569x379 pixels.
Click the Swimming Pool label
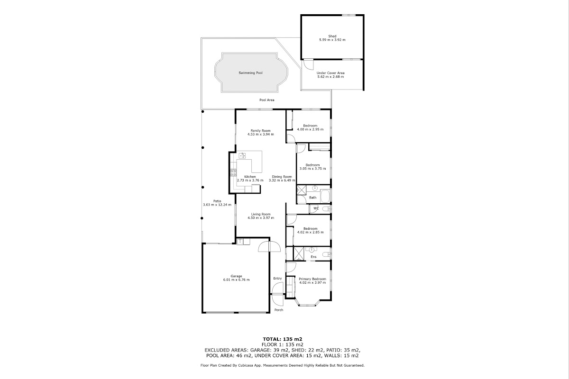point(250,73)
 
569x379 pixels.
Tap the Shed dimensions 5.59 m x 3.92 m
point(332,40)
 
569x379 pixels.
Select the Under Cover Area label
point(330,73)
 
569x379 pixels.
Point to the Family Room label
point(261,131)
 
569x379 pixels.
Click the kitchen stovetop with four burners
point(55,173)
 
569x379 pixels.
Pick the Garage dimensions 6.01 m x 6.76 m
point(236,280)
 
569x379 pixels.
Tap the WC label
point(316,208)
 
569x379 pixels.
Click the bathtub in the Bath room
point(325,196)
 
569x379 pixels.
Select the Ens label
point(313,257)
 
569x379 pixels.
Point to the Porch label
point(279,310)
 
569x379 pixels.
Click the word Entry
point(277,279)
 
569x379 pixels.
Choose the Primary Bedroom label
point(312,279)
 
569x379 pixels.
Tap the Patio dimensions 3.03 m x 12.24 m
point(217,205)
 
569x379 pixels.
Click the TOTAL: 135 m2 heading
point(283,339)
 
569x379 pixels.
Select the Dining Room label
point(282,177)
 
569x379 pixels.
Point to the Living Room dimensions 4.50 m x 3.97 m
point(261,218)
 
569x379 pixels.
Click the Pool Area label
point(266,100)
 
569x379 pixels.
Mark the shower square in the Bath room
point(302,190)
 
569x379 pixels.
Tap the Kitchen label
point(250,177)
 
